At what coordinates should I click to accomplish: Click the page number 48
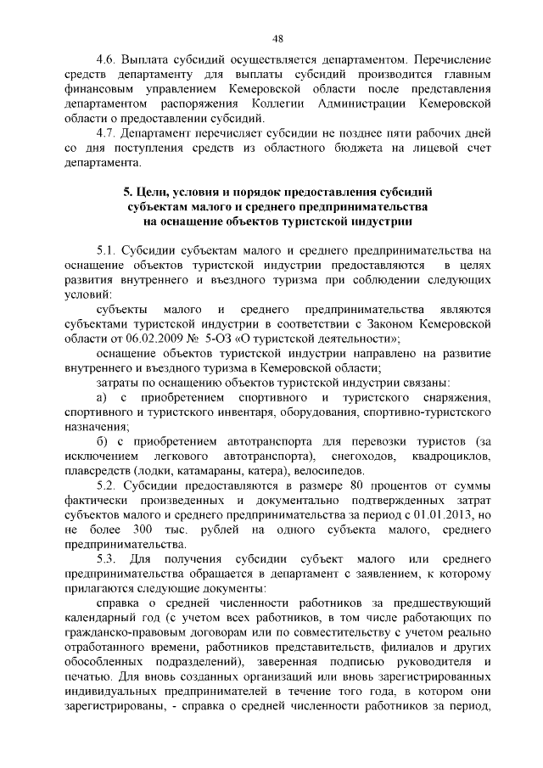click(277, 38)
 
